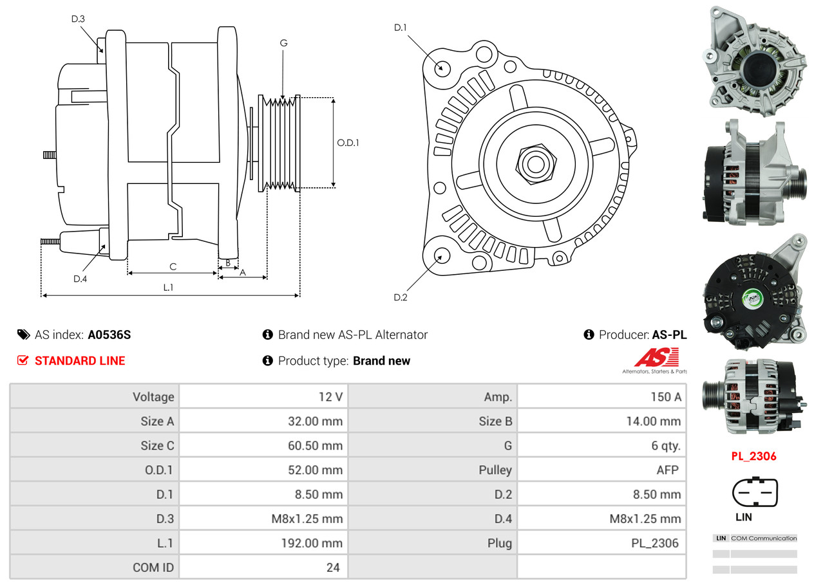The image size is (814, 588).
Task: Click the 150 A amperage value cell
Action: pyautogui.click(x=665, y=397)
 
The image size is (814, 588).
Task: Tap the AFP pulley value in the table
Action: pyautogui.click(x=667, y=470)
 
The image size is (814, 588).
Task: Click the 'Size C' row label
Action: pyautogui.click(x=157, y=445)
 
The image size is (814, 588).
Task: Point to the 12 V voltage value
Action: pyautogui.click(x=330, y=397)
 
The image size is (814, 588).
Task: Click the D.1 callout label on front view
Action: pyautogui.click(x=401, y=27)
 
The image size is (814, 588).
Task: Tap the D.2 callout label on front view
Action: pyautogui.click(x=401, y=297)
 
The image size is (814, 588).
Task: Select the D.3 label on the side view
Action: pyautogui.click(x=78, y=19)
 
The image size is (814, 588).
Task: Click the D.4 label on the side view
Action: pyautogui.click(x=80, y=279)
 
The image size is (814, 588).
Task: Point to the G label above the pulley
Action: pyautogui.click(x=283, y=43)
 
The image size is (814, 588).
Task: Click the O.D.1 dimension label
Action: pyautogui.click(x=348, y=143)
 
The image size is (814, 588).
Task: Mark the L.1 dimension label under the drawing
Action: pyautogui.click(x=168, y=288)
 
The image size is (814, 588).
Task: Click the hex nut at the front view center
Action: pyautogui.click(x=533, y=163)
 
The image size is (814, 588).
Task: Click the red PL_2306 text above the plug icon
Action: pyautogui.click(x=753, y=456)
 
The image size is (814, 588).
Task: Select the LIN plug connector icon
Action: pyautogui.click(x=755, y=493)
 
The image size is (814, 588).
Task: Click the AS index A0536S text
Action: pyautogui.click(x=109, y=335)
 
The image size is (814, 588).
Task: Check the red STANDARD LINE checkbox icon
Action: pyautogui.click(x=23, y=361)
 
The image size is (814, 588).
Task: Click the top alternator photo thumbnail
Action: pyautogui.click(x=755, y=58)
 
